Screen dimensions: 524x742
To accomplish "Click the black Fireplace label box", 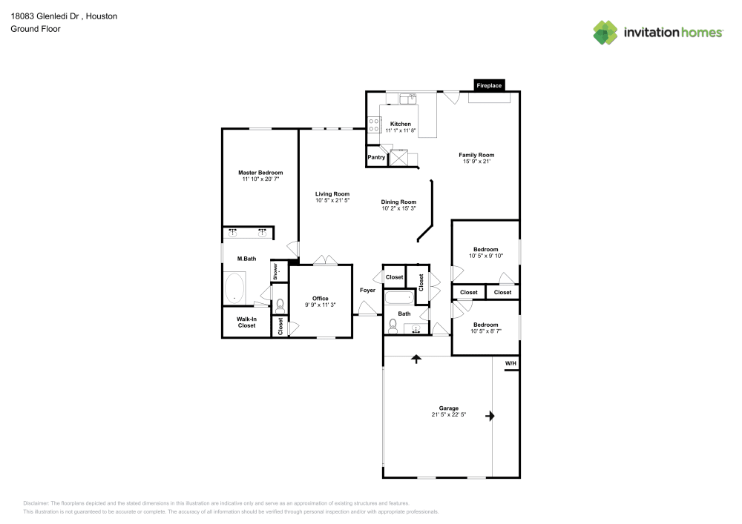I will pyautogui.click(x=489, y=85).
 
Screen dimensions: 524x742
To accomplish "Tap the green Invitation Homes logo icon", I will pyautogui.click(x=605, y=32).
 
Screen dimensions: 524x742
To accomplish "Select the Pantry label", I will pyautogui.click(x=376, y=157).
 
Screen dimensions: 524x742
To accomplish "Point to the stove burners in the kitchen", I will pyautogui.click(x=373, y=125).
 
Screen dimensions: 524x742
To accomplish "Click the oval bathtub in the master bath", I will pyautogui.click(x=236, y=288).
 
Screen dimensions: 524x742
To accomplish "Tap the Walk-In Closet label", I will pyautogui.click(x=246, y=322).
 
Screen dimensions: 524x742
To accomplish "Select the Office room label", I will pyautogui.click(x=320, y=298).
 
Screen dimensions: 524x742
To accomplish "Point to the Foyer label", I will pyautogui.click(x=367, y=290).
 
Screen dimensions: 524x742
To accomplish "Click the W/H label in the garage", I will pyautogui.click(x=510, y=363).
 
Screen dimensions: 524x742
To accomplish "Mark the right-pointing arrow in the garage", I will pyautogui.click(x=490, y=417).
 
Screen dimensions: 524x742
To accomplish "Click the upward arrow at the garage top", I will pyautogui.click(x=416, y=359).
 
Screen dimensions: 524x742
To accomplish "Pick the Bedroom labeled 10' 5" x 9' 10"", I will pyautogui.click(x=486, y=249).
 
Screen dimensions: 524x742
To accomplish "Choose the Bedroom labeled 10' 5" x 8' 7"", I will pyautogui.click(x=486, y=325).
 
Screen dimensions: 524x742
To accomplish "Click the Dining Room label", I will pyautogui.click(x=398, y=202).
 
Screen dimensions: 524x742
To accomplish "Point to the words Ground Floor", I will pyautogui.click(x=35, y=29).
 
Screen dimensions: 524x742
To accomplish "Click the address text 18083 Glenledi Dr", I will pyautogui.click(x=43, y=16).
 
